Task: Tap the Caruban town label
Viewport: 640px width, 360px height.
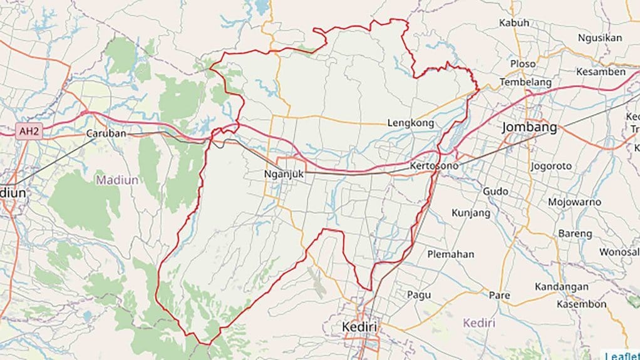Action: pos(106,133)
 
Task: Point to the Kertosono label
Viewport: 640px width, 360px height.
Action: pos(434,166)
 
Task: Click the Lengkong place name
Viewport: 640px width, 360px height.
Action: pos(410,123)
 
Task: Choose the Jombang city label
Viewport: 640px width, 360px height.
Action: pos(529,128)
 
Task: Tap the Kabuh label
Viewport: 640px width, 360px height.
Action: pos(514,23)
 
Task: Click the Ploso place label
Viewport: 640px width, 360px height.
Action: pos(522,64)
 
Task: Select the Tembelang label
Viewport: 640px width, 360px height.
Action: pos(525,82)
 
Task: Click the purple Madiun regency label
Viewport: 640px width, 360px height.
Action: pos(117,180)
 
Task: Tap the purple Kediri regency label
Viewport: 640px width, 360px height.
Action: pos(479,323)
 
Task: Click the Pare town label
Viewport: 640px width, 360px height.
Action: pos(499,295)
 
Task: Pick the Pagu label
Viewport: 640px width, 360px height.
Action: pos(419,294)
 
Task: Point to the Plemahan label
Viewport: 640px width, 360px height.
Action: pos(450,254)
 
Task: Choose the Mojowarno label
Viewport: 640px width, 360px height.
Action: pos(574,202)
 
